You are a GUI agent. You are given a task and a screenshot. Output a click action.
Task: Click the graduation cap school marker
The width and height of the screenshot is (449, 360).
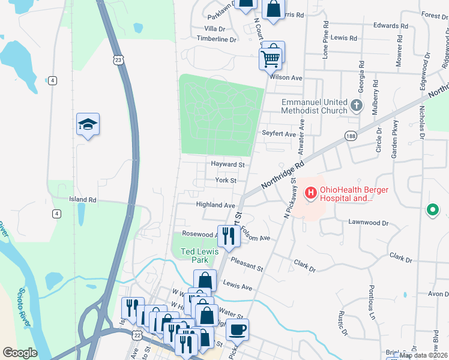[88, 125]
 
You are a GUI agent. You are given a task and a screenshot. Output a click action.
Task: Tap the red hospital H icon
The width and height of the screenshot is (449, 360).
[311, 193]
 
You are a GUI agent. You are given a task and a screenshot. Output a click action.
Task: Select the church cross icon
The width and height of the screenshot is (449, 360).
[357, 106]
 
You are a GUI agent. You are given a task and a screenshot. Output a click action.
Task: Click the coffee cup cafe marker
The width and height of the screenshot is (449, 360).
[237, 329]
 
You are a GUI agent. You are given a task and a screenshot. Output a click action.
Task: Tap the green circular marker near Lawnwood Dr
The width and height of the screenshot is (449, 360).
[432, 210]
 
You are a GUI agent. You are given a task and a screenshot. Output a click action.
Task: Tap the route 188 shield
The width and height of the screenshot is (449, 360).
[351, 137]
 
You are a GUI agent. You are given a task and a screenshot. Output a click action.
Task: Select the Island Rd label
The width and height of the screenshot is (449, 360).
[82, 199]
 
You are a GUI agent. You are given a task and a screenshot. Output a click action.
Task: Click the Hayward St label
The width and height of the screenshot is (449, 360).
[228, 164]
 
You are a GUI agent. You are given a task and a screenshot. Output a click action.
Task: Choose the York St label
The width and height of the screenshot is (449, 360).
[226, 180]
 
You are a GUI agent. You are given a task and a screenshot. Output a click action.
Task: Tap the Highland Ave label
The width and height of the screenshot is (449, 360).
[215, 205]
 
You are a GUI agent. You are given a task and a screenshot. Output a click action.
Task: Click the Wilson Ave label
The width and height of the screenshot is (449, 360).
[286, 78]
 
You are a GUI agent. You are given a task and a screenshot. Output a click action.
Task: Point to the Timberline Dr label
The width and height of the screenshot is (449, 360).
[217, 39]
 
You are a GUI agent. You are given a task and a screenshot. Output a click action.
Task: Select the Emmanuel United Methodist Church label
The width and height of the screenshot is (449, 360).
[315, 106]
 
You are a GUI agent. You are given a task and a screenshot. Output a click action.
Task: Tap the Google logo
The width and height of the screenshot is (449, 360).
[20, 353]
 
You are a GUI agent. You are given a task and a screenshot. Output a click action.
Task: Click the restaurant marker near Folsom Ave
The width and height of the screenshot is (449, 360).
[228, 235]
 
